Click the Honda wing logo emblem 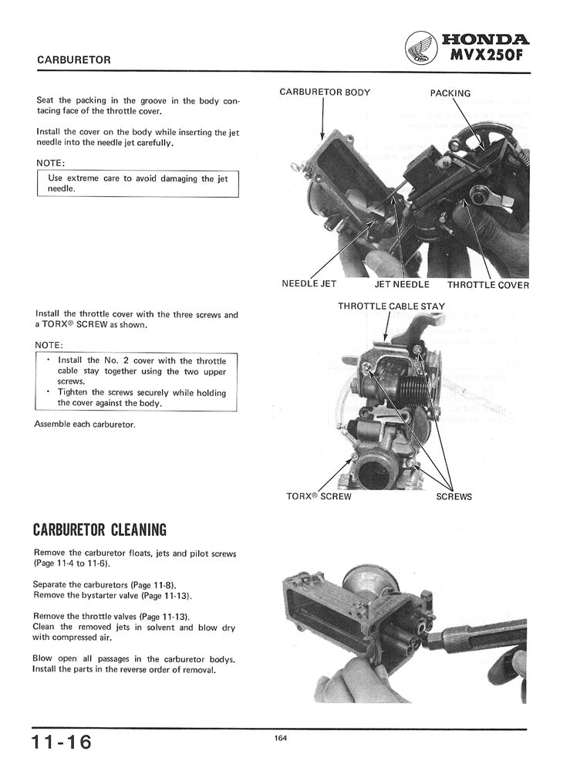click(x=420, y=48)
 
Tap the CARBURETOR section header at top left click(x=74, y=59)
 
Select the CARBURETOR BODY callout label click(x=325, y=93)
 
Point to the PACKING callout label click(x=450, y=93)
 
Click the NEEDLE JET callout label click(x=309, y=284)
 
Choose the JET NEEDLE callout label click(x=401, y=284)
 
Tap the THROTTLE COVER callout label click(x=488, y=285)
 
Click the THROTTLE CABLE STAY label click(x=391, y=306)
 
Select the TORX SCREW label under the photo click(x=319, y=496)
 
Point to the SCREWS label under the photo click(x=454, y=496)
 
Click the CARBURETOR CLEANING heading click(x=100, y=530)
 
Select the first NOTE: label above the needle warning click(x=50, y=163)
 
